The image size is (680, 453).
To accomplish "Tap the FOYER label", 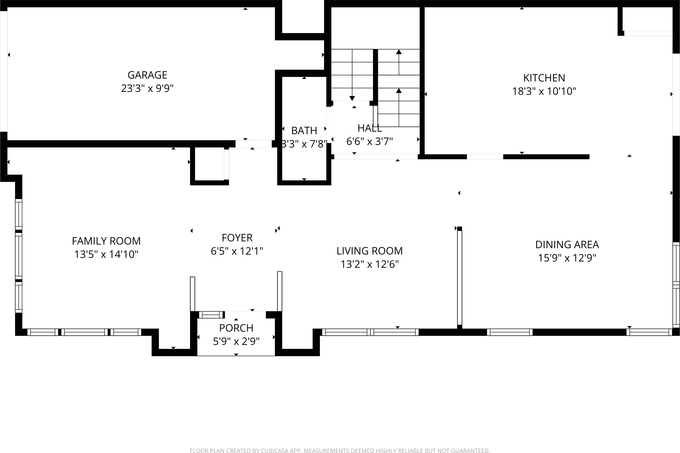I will (x=237, y=238).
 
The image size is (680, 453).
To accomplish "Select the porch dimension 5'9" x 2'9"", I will (x=236, y=342).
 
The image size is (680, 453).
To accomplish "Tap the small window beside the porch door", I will (x=211, y=315).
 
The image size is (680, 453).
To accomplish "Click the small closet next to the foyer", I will (x=209, y=164).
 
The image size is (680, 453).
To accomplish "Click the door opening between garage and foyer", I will (x=253, y=144).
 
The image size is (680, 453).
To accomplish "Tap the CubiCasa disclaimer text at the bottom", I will (x=340, y=450).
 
